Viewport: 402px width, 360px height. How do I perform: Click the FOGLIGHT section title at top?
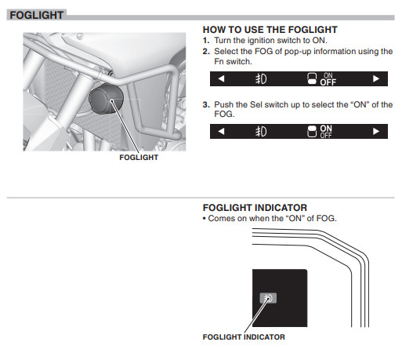coord(37,15)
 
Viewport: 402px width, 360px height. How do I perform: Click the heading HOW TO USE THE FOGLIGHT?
coord(270,30)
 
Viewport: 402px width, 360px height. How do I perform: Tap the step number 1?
coord(206,41)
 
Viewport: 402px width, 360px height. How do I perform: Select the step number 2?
coord(206,52)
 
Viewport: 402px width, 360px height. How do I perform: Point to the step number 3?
coord(206,105)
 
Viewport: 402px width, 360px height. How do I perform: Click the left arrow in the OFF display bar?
coord(221,78)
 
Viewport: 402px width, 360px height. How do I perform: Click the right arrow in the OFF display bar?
coord(376,78)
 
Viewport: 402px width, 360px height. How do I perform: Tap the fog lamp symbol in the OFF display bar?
coord(261,79)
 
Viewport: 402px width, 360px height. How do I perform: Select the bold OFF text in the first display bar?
coord(328,82)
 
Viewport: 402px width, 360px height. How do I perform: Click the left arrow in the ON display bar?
coord(221,131)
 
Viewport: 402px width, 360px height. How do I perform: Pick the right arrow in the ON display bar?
coord(376,131)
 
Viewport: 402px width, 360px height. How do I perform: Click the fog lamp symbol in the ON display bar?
coord(261,132)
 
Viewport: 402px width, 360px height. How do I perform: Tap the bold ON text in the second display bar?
coord(326,129)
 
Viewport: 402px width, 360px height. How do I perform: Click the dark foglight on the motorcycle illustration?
coord(106,99)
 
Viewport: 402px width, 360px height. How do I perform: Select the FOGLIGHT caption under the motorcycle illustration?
coord(139,158)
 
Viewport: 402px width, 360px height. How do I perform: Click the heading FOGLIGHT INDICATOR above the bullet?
coord(255,208)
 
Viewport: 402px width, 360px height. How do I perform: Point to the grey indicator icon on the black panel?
coord(268,298)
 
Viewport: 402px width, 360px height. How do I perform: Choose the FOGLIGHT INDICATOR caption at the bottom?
coord(244,337)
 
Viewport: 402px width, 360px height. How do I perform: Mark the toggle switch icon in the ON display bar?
coord(312,132)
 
